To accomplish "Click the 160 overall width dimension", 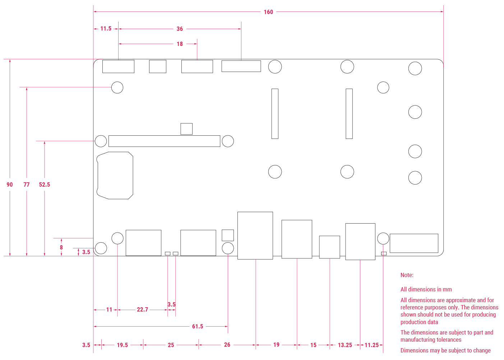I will [x=268, y=12].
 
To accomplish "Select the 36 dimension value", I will [x=180, y=29].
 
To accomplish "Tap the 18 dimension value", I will [x=180, y=44].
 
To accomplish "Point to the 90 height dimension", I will [x=10, y=184].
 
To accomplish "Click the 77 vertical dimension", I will [x=27, y=184].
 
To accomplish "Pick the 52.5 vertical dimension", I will [x=45, y=184].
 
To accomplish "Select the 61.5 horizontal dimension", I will [x=198, y=326].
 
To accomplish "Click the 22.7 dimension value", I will [x=142, y=309].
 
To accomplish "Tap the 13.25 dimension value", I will [x=345, y=345].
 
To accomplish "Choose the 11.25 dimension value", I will [x=371, y=345].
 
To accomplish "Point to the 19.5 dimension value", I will [x=122, y=345].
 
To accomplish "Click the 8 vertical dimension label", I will [x=61, y=247].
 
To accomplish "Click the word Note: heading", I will [x=407, y=275].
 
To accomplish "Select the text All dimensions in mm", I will [x=426, y=289].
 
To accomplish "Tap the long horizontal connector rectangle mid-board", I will [x=164, y=141].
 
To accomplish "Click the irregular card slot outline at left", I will [x=115, y=176].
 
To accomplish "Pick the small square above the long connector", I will [x=186, y=129].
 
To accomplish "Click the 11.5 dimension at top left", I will [x=106, y=29].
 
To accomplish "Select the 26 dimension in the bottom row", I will [x=227, y=345].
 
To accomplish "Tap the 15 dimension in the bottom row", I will [x=313, y=345].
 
